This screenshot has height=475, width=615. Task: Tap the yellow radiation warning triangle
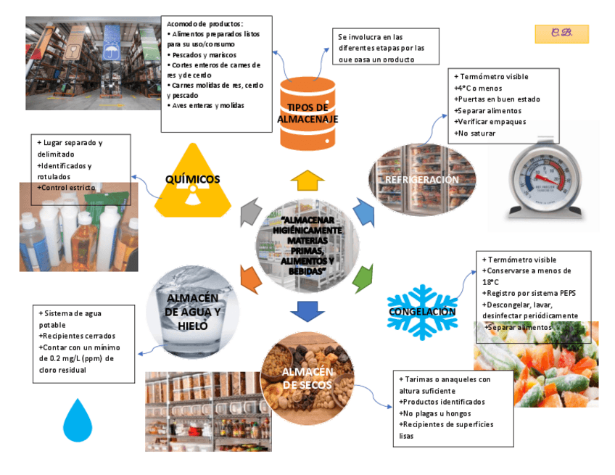point(192,185)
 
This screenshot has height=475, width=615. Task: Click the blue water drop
point(78,420)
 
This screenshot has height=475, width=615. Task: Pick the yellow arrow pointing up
point(307,180)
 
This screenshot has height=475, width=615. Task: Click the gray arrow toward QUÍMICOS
point(250,212)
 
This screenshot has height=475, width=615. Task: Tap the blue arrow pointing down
point(307,310)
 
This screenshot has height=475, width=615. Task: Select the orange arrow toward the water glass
point(250,278)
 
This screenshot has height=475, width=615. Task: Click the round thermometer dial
point(544,176)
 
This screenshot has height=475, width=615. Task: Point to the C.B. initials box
point(562,33)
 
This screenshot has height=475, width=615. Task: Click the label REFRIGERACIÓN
point(421,179)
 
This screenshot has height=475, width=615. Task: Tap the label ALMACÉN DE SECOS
point(307,378)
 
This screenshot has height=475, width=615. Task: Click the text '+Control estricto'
point(68,188)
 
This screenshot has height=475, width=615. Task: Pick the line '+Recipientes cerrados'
point(77,336)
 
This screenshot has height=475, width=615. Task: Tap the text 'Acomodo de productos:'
point(205,23)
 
